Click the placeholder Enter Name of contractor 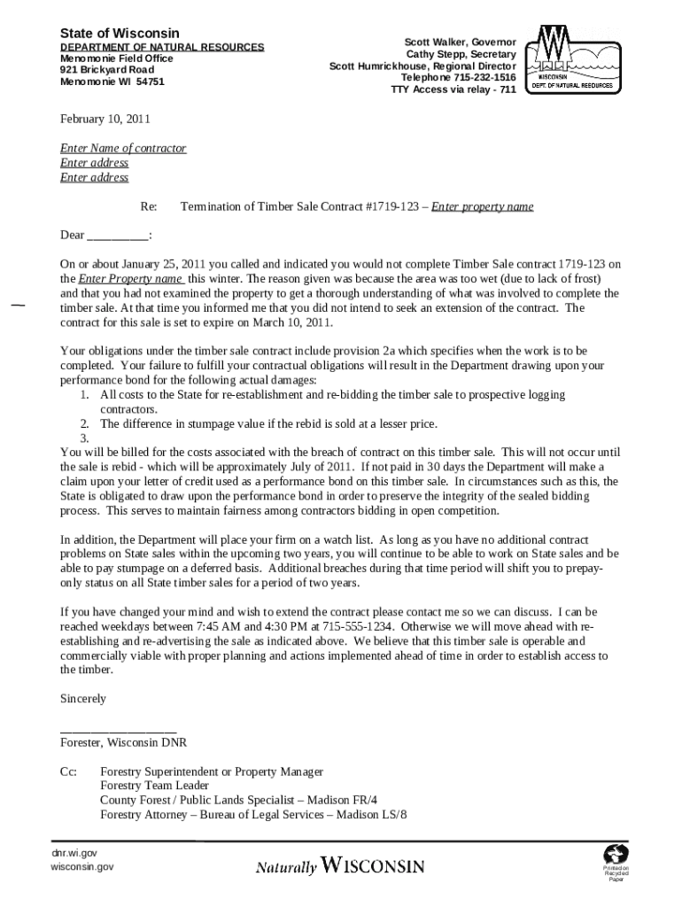click(123, 149)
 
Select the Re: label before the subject click(149, 206)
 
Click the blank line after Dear click(118, 236)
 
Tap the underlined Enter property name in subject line click(482, 206)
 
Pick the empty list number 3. click(84, 438)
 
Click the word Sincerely click(82, 699)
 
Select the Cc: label click(68, 772)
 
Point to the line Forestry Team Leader click(154, 786)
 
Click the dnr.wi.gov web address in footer click(74, 852)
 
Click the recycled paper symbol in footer click(616, 856)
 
